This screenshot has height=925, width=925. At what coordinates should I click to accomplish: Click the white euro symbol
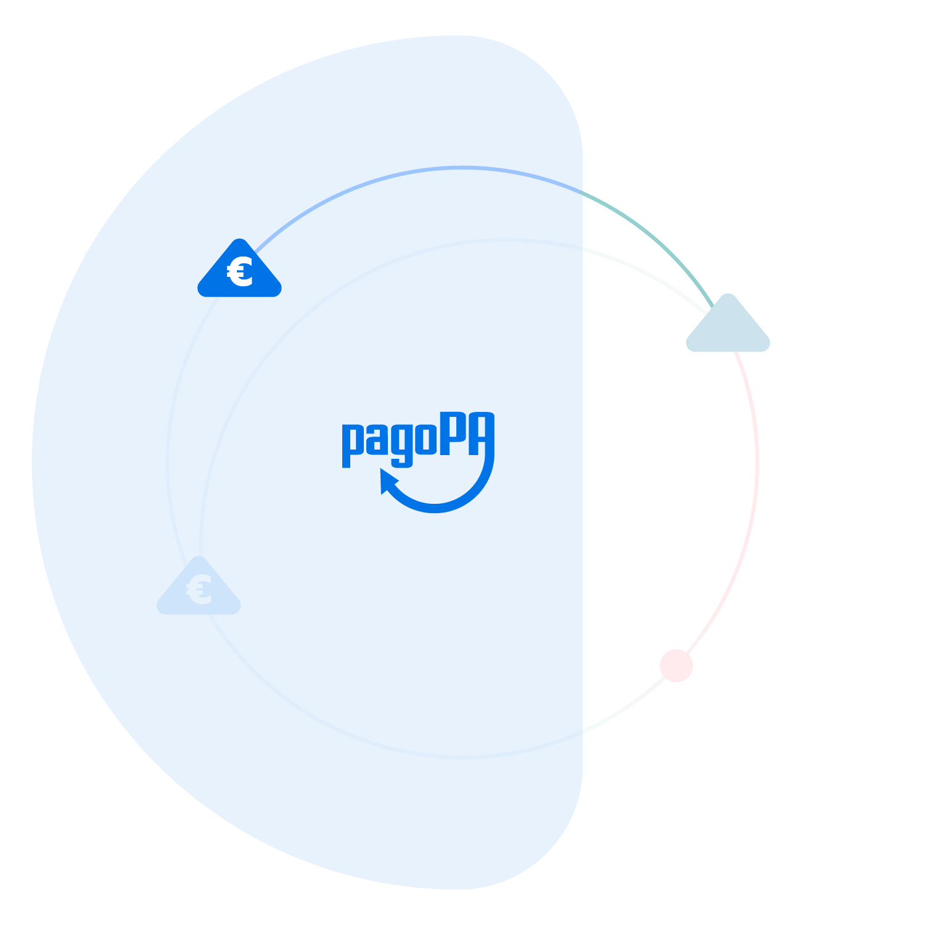pos(240,272)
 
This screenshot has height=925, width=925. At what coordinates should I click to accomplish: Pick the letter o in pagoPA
pos(425,440)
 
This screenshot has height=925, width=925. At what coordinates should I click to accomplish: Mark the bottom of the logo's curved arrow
pos(435,509)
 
